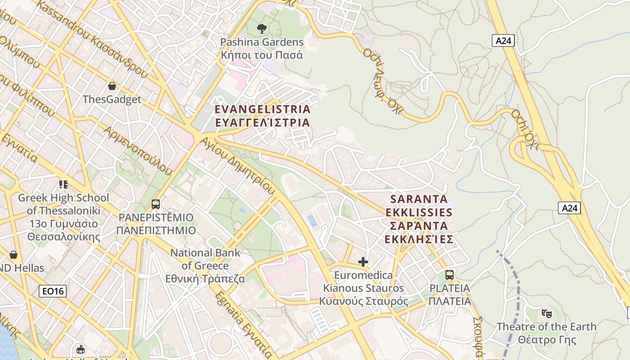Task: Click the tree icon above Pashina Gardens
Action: coord(261,29)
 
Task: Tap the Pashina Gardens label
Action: coord(261,49)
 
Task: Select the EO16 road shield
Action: coord(53,291)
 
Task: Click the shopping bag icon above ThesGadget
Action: coord(112,85)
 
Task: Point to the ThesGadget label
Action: coord(112,99)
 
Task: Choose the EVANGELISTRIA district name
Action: coord(262,116)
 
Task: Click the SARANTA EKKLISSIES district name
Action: coord(418,219)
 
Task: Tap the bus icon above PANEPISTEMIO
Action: coord(156,204)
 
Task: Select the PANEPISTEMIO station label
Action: coord(156,224)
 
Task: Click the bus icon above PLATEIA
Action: coord(449,275)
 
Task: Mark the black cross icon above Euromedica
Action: coord(363,262)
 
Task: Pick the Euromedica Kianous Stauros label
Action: coord(364,288)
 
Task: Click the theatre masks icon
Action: coord(546,313)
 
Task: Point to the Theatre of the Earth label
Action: coord(546,333)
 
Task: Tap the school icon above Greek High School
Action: coord(63,184)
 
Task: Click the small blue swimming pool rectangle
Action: coord(311,220)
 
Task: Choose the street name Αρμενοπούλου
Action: coord(138,150)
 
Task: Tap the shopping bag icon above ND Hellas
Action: coord(13,255)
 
